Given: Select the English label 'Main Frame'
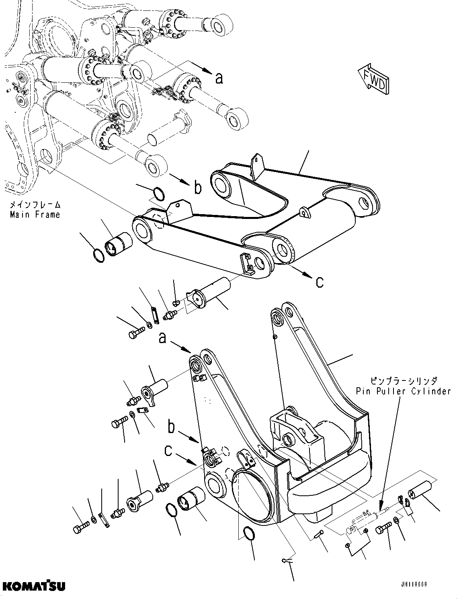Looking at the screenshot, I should click(x=35, y=214).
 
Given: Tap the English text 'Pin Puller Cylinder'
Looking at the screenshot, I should click(x=403, y=391).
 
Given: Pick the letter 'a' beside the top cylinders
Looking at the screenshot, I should click(x=219, y=78).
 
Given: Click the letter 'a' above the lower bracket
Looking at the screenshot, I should click(x=162, y=339).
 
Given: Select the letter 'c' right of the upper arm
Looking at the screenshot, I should click(x=319, y=283).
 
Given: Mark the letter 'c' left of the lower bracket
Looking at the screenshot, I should click(x=168, y=451).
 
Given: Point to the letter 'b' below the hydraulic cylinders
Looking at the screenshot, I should click(x=197, y=188).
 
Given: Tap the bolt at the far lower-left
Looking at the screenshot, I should click(x=81, y=528).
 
